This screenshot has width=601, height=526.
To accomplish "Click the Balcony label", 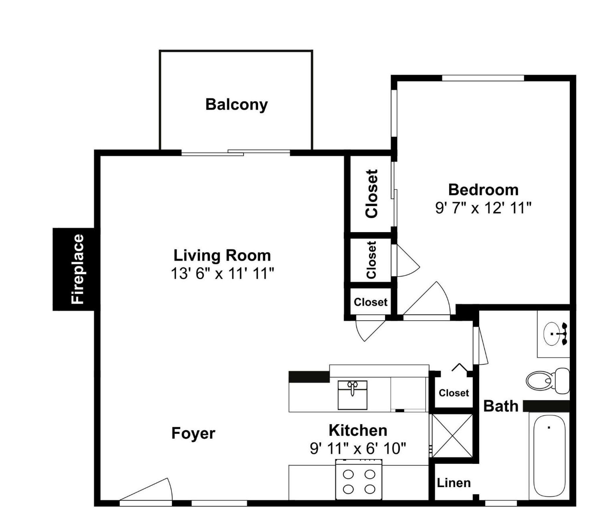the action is (236, 105).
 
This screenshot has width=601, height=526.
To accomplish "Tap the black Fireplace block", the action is (74, 269).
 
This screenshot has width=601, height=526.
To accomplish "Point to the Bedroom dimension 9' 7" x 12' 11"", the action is (483, 208).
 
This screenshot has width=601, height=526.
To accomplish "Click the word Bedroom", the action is (483, 190).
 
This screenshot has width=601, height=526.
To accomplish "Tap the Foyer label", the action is (193, 433).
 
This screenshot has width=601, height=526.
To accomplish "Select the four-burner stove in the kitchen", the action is (359, 479).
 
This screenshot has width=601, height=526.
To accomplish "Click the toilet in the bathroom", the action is (548, 381).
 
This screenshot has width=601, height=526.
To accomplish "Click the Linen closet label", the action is (454, 483).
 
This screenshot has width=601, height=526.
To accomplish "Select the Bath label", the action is (501, 406).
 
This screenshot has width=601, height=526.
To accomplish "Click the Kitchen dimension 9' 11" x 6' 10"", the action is (358, 449).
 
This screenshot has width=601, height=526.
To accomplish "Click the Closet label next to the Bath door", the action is (453, 393).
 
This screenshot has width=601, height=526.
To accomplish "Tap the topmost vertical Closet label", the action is (371, 194).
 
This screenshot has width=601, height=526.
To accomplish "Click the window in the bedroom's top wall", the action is (483, 78).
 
